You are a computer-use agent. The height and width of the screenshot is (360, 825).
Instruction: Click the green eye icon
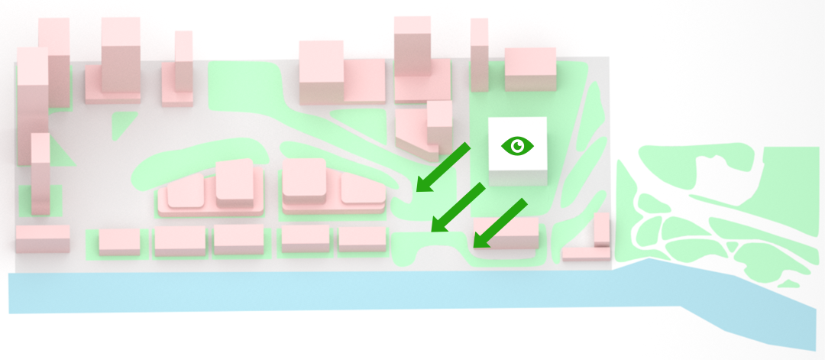518,145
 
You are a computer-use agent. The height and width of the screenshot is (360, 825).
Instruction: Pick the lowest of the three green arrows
501,222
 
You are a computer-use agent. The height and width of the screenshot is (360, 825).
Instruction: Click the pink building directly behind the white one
530,69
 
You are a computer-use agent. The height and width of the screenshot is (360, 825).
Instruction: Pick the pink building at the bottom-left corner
43,238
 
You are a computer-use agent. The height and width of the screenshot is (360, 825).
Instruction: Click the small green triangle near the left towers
122,124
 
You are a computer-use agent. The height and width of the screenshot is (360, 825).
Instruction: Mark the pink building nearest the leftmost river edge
43,238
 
